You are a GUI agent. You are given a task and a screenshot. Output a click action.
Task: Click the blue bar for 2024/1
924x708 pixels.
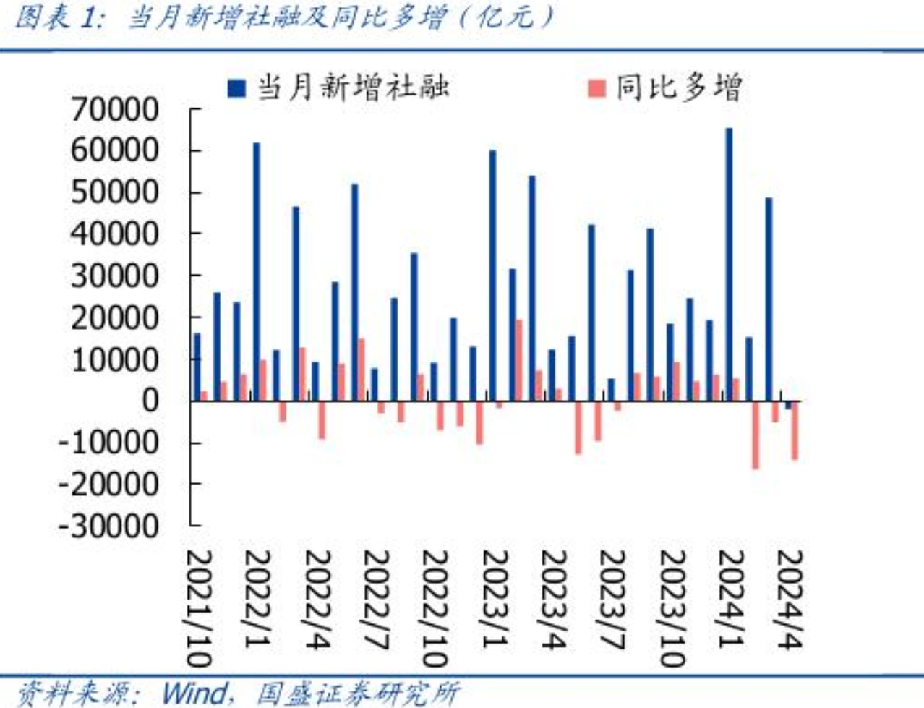pyautogui.click(x=729, y=264)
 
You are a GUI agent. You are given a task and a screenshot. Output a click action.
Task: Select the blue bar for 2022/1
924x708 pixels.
pyautogui.click(x=257, y=271)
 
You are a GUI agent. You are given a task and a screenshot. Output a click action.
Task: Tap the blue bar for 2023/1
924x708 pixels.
pyautogui.click(x=493, y=275)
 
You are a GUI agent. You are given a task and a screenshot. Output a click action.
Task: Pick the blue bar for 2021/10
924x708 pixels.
pyautogui.click(x=197, y=367)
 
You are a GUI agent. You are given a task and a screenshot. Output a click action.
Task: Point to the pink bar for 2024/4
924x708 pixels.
pyautogui.click(x=795, y=430)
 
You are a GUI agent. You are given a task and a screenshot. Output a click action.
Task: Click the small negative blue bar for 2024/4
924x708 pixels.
pyautogui.click(x=788, y=405)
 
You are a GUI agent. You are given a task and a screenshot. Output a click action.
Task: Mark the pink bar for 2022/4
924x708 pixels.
pyautogui.click(x=322, y=420)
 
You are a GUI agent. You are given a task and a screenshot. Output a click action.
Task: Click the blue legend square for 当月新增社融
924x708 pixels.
pyautogui.click(x=236, y=88)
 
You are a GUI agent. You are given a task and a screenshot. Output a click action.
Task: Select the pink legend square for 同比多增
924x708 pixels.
pyautogui.click(x=596, y=88)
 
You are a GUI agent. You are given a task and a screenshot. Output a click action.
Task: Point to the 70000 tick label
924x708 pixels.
pyautogui.click(x=115, y=109)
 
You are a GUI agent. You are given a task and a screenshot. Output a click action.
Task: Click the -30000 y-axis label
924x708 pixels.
pyautogui.click(x=108, y=526)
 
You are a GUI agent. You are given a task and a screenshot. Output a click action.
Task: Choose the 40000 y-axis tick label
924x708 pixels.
pyautogui.click(x=115, y=234)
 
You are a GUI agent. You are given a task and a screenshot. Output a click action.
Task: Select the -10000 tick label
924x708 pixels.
pyautogui.click(x=108, y=442)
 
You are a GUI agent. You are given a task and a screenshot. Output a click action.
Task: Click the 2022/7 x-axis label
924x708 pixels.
pyautogui.click(x=376, y=600)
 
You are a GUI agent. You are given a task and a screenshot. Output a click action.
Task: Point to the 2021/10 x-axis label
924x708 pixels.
pyautogui.click(x=199, y=608)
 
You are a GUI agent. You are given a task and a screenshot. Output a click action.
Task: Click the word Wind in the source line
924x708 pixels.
pyautogui.click(x=193, y=693)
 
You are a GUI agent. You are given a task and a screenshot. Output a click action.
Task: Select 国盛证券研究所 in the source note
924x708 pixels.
pyautogui.click(x=358, y=693)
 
